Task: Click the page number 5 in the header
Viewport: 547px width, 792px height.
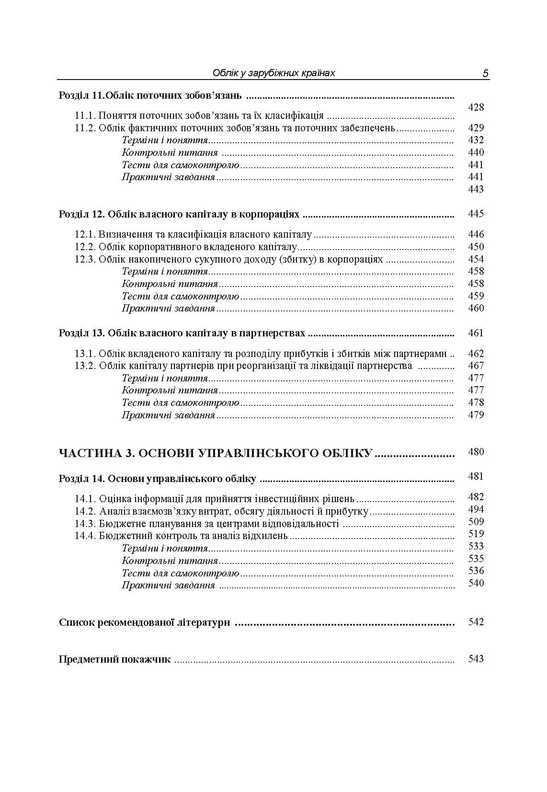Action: coord(485,73)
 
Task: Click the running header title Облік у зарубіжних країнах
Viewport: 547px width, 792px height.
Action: coord(273,73)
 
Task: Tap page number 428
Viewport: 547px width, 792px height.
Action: coord(476,107)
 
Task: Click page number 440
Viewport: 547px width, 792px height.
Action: coord(476,152)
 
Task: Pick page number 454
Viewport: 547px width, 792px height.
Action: coord(476,259)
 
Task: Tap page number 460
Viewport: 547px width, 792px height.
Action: coord(476,308)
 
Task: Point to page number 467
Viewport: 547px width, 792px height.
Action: coord(476,366)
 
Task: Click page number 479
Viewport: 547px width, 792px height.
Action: coord(476,415)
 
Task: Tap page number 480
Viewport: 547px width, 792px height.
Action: coord(476,452)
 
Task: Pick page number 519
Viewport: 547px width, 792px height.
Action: coord(476,534)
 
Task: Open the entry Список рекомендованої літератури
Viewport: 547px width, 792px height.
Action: coord(144,623)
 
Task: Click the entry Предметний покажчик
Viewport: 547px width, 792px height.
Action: coord(114,659)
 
